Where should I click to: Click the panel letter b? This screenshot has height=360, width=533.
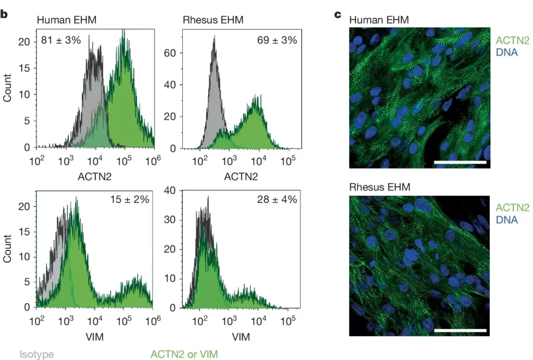pyautogui.click(x=4, y=14)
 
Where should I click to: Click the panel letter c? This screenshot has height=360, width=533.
pyautogui.click(x=337, y=14)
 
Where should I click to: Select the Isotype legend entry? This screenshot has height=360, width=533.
pyautogui.click(x=37, y=354)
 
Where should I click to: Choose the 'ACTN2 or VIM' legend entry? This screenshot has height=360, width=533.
pyautogui.click(x=184, y=354)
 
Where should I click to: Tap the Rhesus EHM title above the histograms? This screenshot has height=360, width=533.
pyautogui.click(x=213, y=20)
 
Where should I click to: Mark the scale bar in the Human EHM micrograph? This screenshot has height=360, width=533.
pyautogui.click(x=460, y=162)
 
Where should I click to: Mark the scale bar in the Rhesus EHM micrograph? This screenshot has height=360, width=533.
pyautogui.click(x=460, y=330)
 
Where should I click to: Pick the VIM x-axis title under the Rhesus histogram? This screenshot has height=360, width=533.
pyautogui.click(x=240, y=337)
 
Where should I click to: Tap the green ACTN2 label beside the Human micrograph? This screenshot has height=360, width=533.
pyautogui.click(x=512, y=40)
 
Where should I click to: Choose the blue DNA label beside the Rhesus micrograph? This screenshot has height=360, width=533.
pyautogui.click(x=507, y=220)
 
